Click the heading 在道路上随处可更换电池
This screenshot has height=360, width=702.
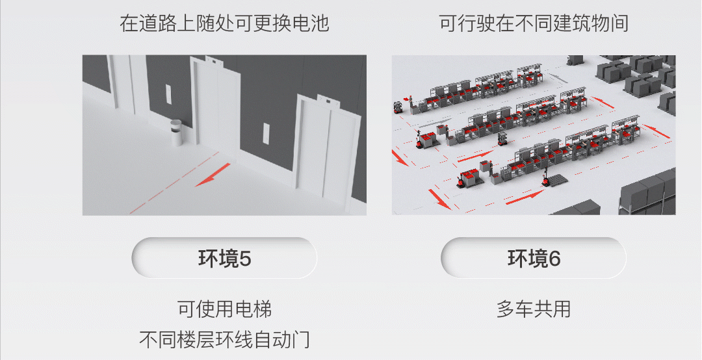224,23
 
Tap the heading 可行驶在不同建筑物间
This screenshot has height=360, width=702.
534,23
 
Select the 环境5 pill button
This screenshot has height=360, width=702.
224,258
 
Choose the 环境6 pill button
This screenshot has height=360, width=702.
534,258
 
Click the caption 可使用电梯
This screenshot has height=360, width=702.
224,309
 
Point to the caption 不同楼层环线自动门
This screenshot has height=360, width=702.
224,340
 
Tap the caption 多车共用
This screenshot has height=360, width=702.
534,309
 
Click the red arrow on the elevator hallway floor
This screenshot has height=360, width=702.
213,175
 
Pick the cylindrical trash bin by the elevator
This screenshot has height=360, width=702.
176,133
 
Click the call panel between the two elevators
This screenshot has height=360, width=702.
266,133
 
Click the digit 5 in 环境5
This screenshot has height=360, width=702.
245,259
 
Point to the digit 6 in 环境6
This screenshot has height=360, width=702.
554,259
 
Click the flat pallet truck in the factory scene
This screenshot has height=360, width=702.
554,179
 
